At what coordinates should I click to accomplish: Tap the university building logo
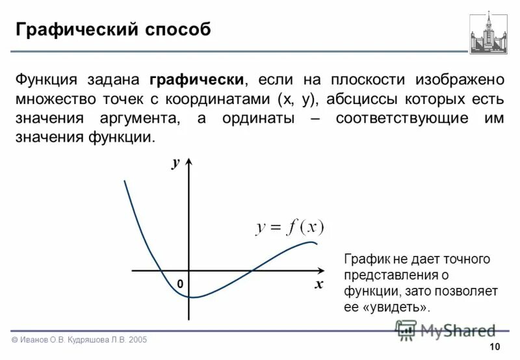coord(488,32)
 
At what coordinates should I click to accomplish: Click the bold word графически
coord(197,80)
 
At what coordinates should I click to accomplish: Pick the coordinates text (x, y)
coord(297,99)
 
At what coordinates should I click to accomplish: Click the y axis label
coord(175,162)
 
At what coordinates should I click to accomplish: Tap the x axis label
coord(318,284)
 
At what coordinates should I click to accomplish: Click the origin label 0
coord(180,285)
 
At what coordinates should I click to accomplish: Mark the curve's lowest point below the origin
coord(192,297)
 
